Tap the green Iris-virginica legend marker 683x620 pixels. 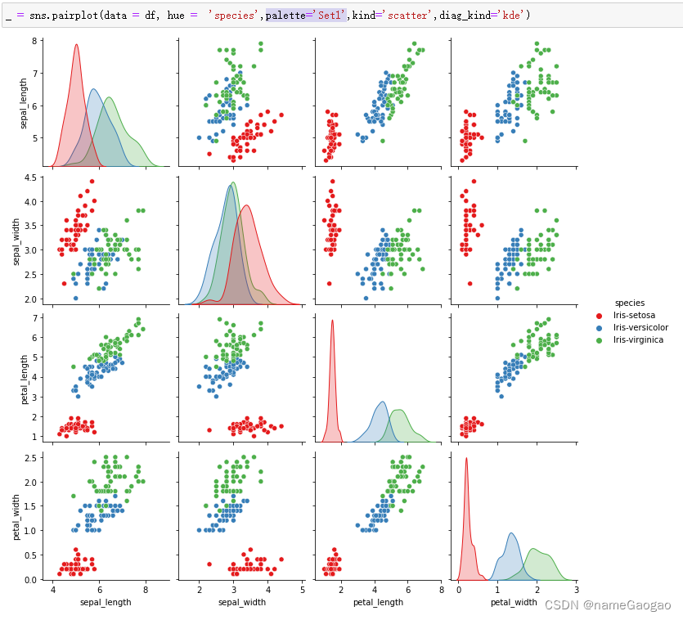[598, 339]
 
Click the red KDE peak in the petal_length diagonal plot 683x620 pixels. [332, 321]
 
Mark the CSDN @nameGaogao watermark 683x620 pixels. [607, 605]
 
